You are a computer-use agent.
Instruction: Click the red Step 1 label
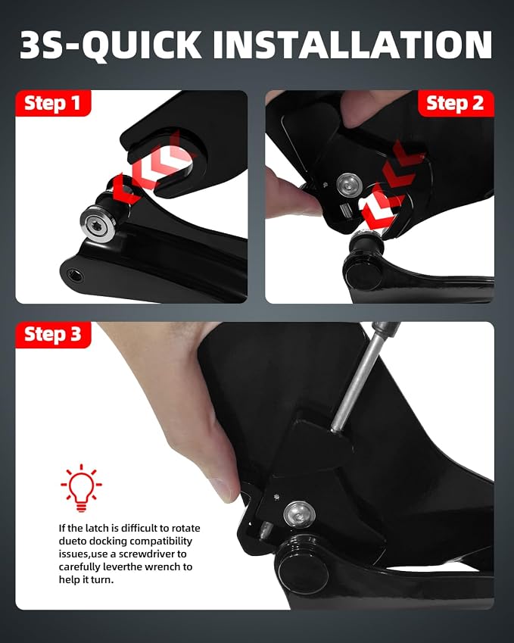(x=53, y=103)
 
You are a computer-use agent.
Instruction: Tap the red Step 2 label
(x=456, y=103)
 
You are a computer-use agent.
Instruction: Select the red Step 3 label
(x=53, y=335)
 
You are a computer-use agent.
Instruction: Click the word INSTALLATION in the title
(x=353, y=44)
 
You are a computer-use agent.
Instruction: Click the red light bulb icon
(x=81, y=488)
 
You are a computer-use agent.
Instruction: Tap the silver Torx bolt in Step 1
(x=98, y=223)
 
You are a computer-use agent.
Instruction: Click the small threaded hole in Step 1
(x=75, y=275)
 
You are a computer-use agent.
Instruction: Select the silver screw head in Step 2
(x=349, y=186)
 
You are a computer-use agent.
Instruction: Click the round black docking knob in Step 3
(x=304, y=567)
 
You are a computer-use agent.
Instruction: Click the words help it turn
(x=86, y=580)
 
